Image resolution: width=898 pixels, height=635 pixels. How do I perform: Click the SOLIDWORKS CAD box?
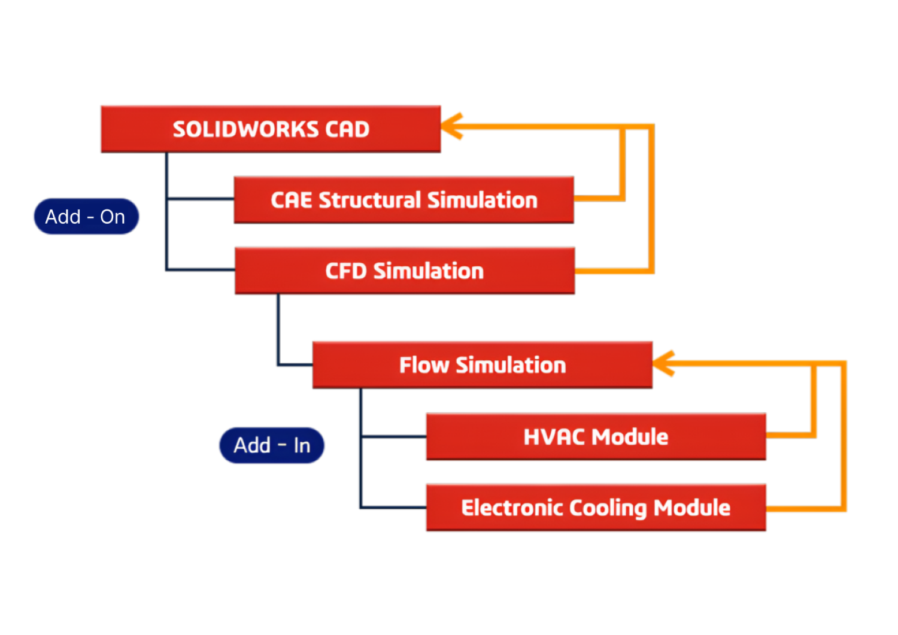pyautogui.click(x=271, y=129)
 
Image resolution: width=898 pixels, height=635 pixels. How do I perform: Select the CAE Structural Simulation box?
pyautogui.click(x=404, y=200)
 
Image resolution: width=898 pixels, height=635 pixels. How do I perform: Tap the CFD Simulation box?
pyautogui.click(x=405, y=271)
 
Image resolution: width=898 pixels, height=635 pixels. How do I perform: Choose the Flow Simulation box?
pyautogui.click(x=483, y=364)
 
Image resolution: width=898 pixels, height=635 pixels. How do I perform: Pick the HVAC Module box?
pyautogui.click(x=596, y=437)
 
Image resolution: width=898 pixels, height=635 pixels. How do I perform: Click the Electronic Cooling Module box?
pyautogui.click(x=596, y=508)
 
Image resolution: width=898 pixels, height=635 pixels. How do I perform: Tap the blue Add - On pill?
pyautogui.click(x=86, y=217)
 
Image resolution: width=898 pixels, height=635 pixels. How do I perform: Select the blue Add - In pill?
pyautogui.click(x=272, y=445)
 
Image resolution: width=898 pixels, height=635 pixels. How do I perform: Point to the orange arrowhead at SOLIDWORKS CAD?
pyautogui.click(x=453, y=126)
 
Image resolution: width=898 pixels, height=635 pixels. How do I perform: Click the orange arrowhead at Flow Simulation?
pyautogui.click(x=664, y=363)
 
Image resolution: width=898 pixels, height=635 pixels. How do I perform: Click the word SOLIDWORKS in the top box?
pyautogui.click(x=246, y=129)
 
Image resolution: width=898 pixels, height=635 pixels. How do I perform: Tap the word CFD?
pyautogui.click(x=346, y=271)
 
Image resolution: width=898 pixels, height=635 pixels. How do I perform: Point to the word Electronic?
pyautogui.click(x=512, y=508)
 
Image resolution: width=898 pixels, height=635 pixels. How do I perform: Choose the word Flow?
pyautogui.click(x=424, y=365)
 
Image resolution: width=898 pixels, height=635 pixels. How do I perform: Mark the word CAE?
pyautogui.click(x=292, y=200)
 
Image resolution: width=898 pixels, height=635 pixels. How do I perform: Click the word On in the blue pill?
pyautogui.click(x=113, y=217)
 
